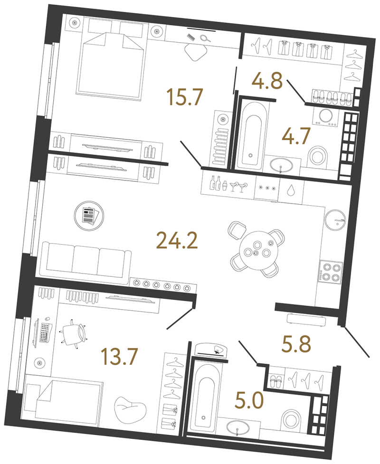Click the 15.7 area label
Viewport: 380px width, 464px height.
click(x=185, y=97)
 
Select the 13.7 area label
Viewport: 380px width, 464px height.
click(x=119, y=356)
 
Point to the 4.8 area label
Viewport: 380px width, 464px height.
click(x=267, y=81)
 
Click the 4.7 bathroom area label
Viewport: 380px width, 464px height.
click(x=296, y=136)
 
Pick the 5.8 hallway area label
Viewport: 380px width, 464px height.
click(x=296, y=344)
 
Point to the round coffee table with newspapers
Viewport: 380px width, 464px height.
click(x=89, y=216)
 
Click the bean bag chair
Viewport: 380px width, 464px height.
click(x=131, y=409)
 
